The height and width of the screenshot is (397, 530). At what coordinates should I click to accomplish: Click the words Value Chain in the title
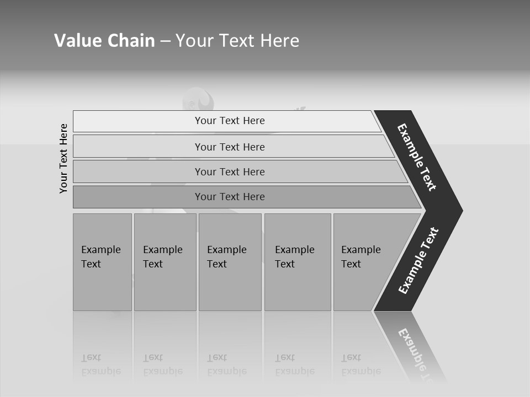[104, 41]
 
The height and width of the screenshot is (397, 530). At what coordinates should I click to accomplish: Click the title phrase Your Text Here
[237, 41]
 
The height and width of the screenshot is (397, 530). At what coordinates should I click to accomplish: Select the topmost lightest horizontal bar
[230, 121]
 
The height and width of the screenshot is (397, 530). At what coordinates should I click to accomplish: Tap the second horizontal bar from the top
[230, 147]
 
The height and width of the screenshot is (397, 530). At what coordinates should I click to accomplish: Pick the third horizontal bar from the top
[230, 171]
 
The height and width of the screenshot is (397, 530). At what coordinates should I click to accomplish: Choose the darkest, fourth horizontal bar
[230, 197]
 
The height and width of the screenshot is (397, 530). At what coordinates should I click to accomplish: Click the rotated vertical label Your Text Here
[63, 158]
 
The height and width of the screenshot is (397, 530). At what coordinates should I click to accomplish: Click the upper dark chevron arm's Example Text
[417, 158]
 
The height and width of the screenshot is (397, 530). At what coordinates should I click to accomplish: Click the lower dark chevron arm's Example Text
[418, 261]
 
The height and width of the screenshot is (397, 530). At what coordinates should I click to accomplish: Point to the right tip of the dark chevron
[461, 210]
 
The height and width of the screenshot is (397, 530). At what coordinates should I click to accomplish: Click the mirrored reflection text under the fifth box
[361, 364]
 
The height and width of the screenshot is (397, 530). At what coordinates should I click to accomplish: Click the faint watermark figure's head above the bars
[197, 99]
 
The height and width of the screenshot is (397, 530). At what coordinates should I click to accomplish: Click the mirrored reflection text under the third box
[227, 364]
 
